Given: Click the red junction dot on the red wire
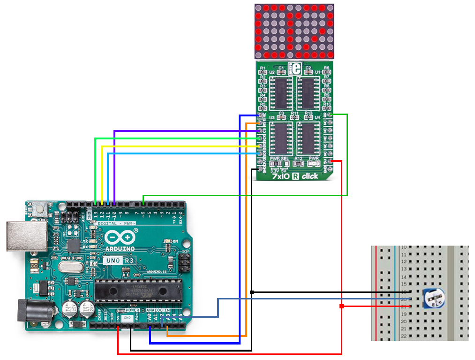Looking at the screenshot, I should [341, 306].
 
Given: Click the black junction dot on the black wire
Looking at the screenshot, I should [252, 292].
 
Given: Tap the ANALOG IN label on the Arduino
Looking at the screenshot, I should [158, 310].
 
